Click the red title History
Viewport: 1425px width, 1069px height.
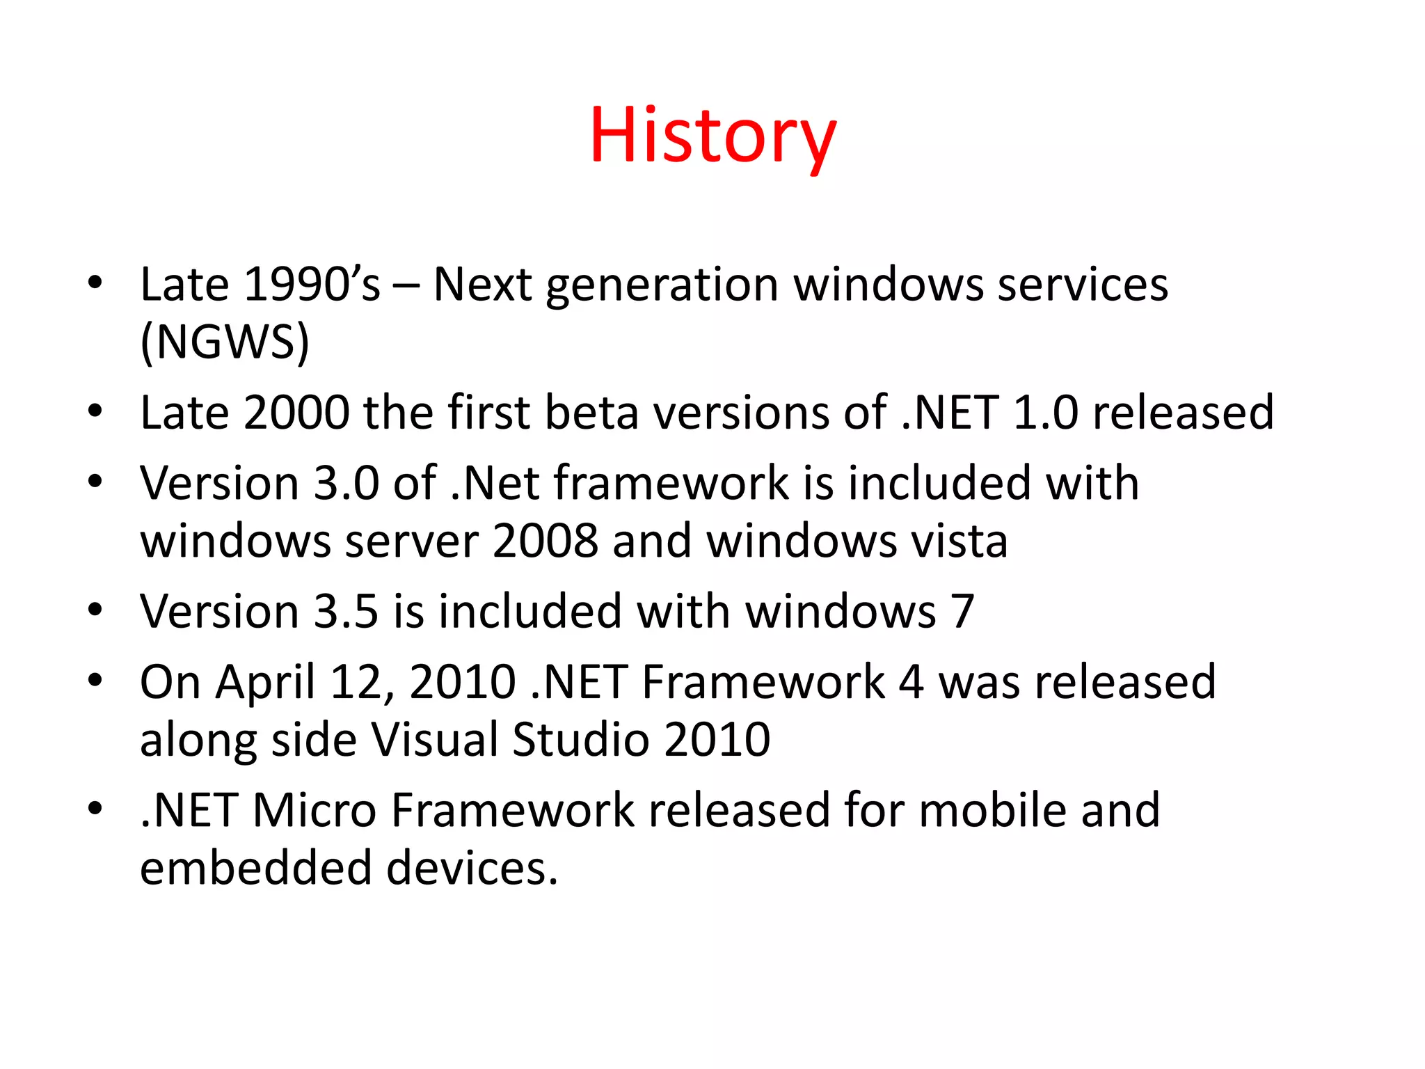click(712, 136)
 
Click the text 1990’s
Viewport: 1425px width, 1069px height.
click(312, 285)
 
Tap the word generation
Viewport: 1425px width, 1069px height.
click(662, 286)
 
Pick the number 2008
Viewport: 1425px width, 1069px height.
click(545, 541)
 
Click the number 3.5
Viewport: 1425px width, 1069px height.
click(346, 612)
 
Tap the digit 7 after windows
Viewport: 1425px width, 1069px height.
click(962, 612)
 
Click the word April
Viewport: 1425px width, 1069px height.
click(265, 683)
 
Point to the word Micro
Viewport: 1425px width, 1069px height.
click(314, 811)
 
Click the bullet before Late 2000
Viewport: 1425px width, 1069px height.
click(95, 411)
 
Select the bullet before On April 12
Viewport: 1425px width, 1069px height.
click(95, 679)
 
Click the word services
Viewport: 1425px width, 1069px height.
click(1083, 285)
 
